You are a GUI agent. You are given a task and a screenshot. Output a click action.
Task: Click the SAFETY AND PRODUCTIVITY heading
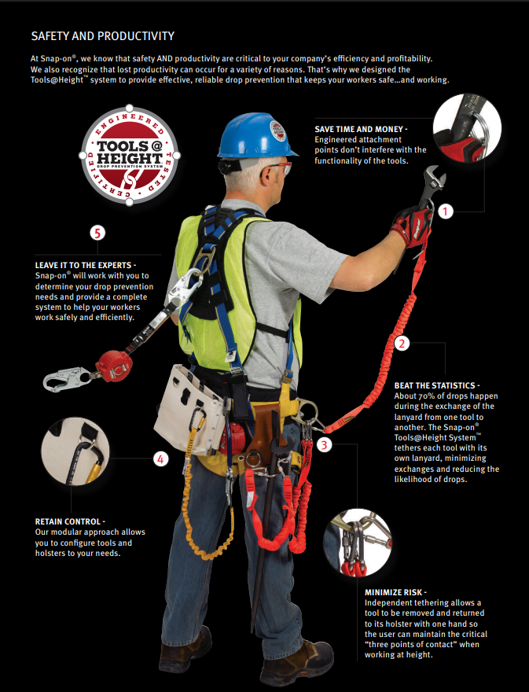click(x=102, y=36)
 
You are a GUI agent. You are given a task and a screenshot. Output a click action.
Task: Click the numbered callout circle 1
click(x=446, y=211)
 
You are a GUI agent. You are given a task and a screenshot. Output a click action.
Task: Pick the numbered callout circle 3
click(x=325, y=444)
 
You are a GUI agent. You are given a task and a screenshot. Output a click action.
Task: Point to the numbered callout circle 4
click(x=160, y=458)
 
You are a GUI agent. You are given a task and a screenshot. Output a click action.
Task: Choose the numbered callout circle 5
click(x=97, y=233)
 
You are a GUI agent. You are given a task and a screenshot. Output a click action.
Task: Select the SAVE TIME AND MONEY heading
click(x=361, y=128)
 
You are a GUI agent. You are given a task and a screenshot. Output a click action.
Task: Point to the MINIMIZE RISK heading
click(x=395, y=591)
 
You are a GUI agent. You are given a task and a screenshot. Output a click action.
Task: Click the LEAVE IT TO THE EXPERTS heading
click(x=86, y=265)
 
